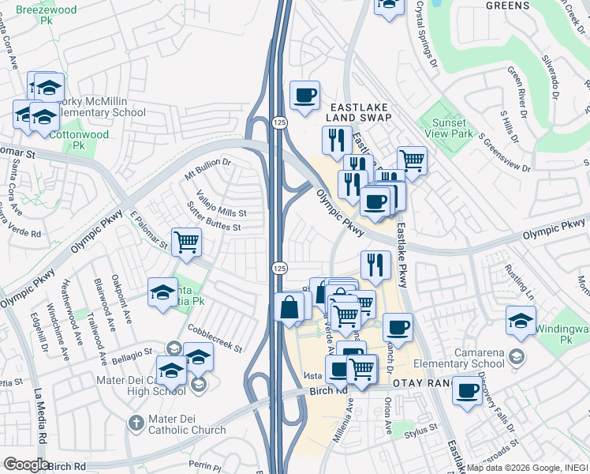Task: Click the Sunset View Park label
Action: pyautogui.click(x=447, y=128)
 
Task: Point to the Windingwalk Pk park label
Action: pyautogui.click(x=562, y=333)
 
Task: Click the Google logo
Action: pyautogui.click(x=25, y=465)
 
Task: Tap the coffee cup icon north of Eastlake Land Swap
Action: pyautogui.click(x=304, y=96)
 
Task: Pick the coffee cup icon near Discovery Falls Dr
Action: pyautogui.click(x=467, y=390)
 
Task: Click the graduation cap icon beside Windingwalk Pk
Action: pyautogui.click(x=521, y=321)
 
